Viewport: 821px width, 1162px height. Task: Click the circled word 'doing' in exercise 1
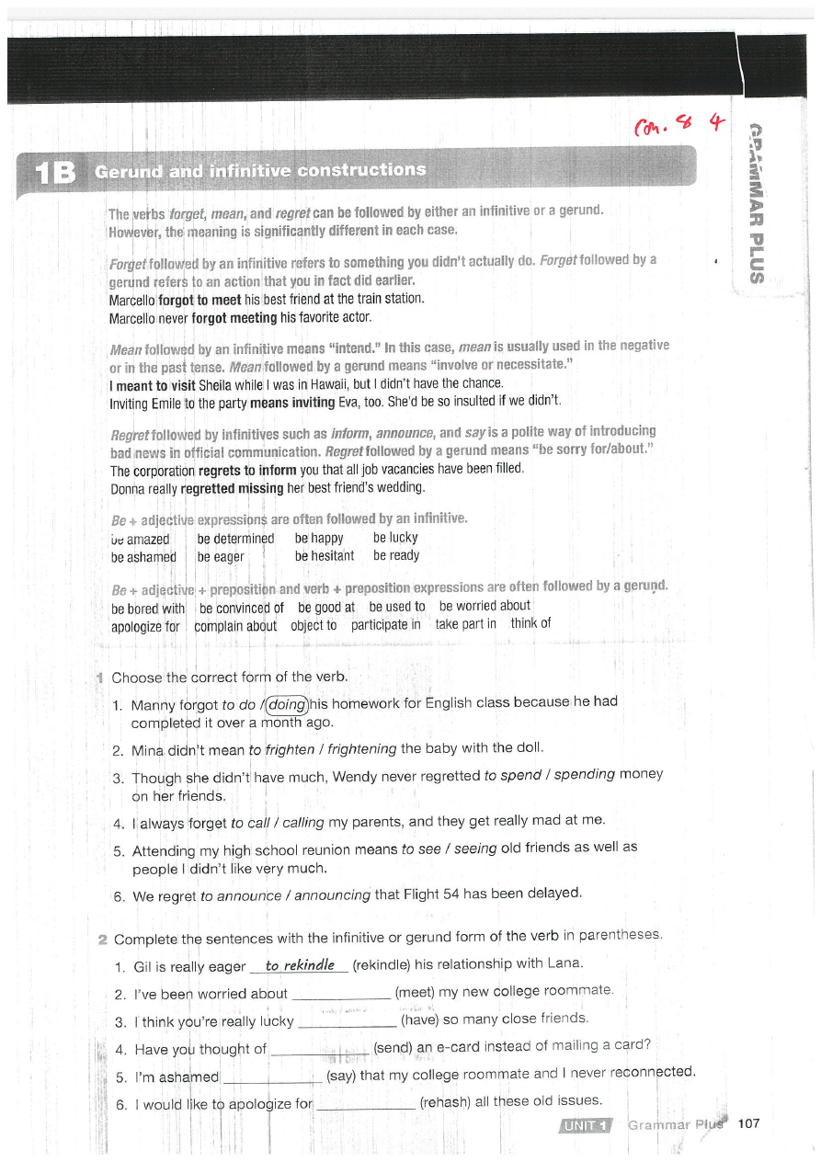286,705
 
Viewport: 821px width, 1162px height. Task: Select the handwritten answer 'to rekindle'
299,964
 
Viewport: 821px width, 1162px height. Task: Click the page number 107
748,1123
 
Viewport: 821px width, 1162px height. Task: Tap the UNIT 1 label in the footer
585,1124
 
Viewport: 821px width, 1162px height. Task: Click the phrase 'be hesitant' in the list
325,556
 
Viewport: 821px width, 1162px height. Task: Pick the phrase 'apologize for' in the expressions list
145,626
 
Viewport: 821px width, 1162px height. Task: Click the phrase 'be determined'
236,539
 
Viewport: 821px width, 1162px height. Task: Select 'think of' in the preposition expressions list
530,623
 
